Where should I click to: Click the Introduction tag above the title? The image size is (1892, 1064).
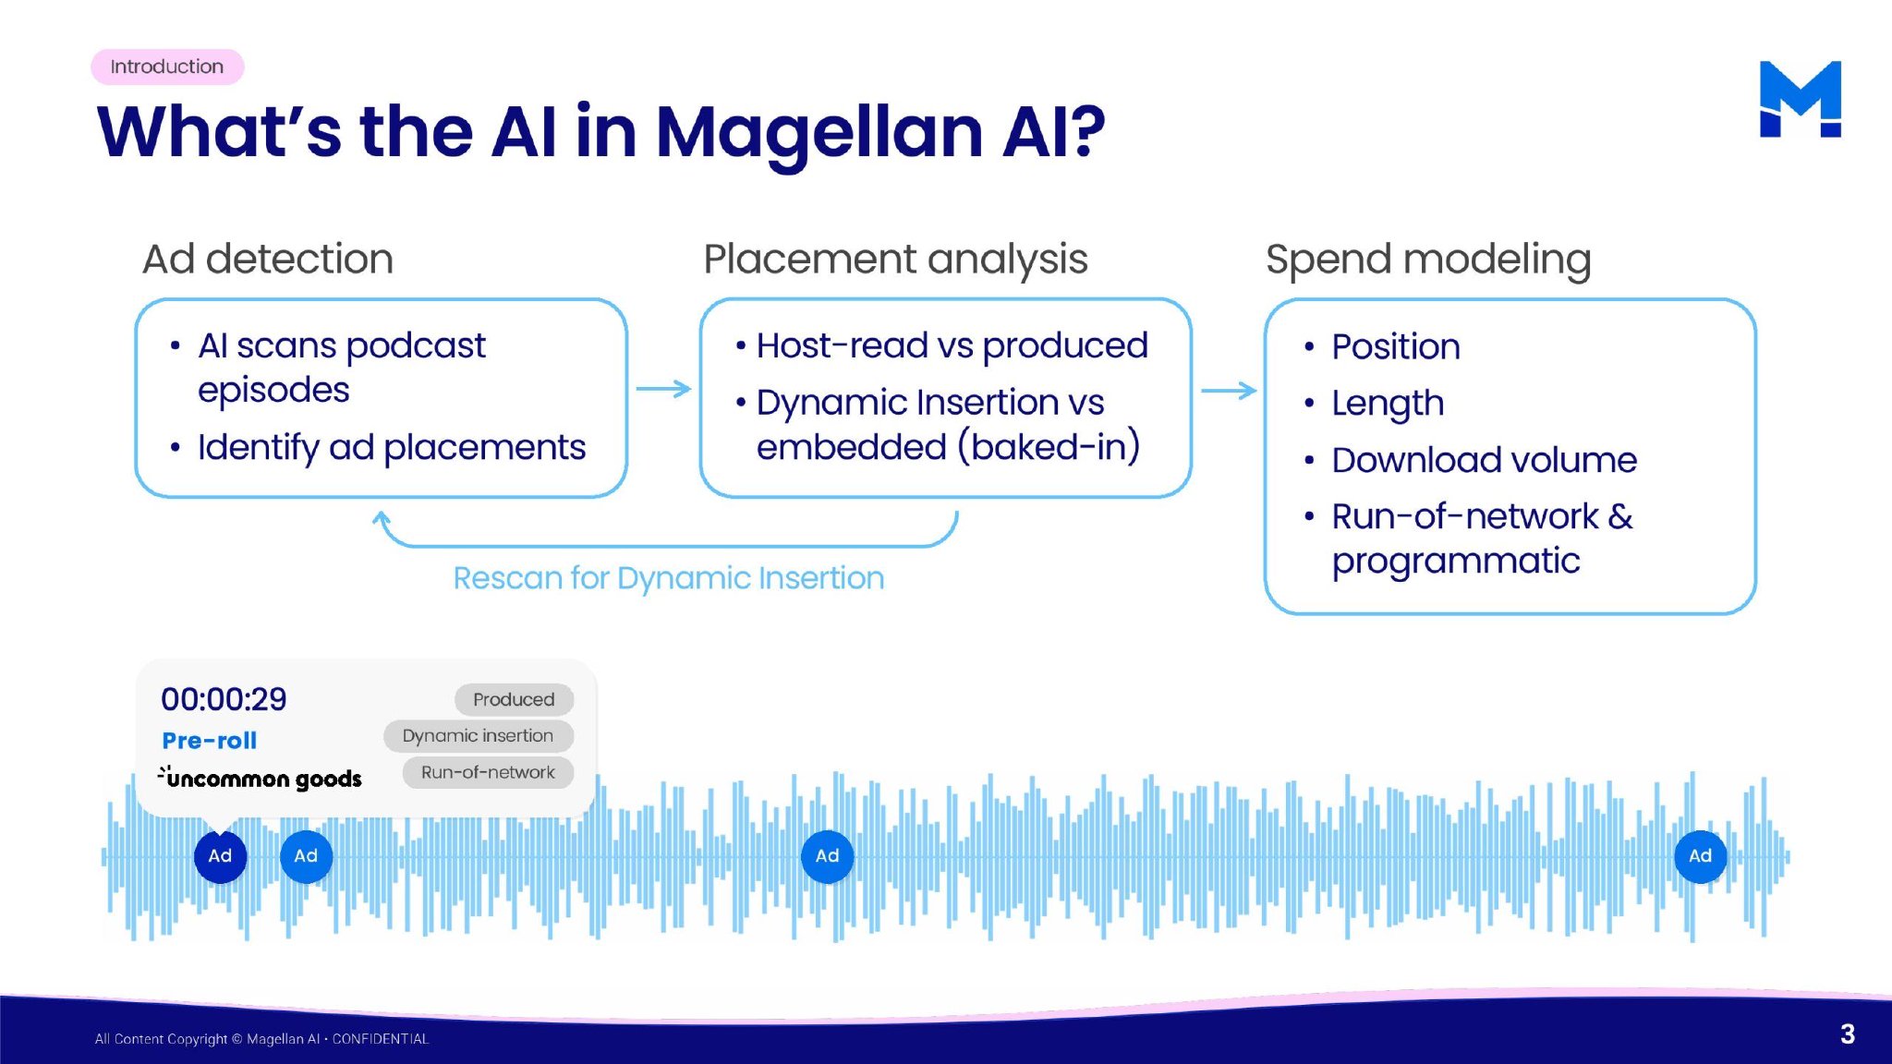167,66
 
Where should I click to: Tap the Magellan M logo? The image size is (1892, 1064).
1800,100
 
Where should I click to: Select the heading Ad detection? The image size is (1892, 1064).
268,259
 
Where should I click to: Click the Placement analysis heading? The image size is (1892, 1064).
895,259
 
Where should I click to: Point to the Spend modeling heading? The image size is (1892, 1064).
1428,259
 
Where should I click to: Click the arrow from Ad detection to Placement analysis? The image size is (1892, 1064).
663,389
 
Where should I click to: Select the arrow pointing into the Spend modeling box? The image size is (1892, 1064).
1229,391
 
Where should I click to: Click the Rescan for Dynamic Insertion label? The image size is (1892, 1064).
668,578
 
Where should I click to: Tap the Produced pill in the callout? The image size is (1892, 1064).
514,699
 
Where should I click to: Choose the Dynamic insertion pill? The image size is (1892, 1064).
478,736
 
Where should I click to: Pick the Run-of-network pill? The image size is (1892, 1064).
488,772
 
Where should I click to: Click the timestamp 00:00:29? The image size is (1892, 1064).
224,699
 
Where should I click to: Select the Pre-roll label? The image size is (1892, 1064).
209,740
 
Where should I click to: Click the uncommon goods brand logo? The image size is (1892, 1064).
261,778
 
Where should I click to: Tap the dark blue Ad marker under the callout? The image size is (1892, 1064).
220,856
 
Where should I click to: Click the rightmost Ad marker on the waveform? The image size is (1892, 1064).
1700,856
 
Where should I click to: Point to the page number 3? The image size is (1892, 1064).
1847,1034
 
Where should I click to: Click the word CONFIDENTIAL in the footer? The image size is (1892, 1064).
381,1039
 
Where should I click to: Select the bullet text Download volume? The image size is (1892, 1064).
1484,460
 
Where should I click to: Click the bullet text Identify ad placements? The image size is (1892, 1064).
392,447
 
